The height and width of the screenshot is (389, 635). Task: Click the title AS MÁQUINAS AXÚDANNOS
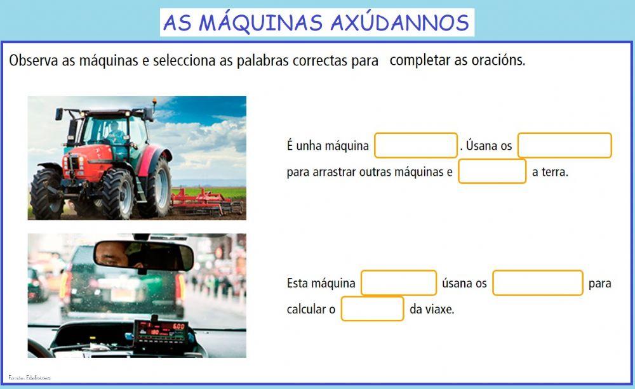click(316, 22)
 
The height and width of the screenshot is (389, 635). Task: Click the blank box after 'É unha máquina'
click(416, 145)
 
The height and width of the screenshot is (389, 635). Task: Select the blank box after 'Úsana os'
click(564, 145)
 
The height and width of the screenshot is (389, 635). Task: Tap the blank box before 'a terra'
click(492, 171)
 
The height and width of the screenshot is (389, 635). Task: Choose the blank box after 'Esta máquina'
click(399, 283)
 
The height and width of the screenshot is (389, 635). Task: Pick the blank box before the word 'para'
click(537, 283)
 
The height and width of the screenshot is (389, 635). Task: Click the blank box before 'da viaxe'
click(372, 309)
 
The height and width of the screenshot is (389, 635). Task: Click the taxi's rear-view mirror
click(144, 255)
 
